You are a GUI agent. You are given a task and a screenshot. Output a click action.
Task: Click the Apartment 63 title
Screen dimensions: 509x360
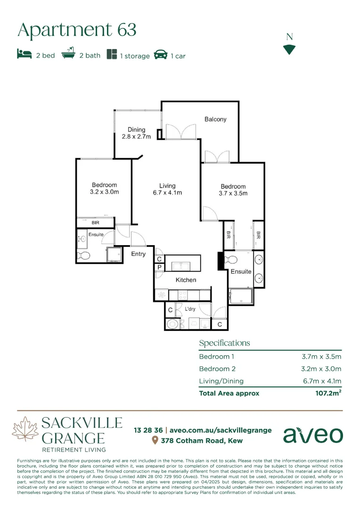click(77, 30)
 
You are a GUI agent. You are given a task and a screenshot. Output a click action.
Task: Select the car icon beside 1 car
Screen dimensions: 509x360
click(161, 54)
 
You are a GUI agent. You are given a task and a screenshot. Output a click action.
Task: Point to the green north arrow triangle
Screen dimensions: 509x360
click(289, 49)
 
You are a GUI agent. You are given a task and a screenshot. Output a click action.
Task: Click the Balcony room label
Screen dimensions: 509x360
click(215, 119)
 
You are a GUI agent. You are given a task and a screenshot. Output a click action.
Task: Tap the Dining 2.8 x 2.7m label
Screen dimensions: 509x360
click(136, 133)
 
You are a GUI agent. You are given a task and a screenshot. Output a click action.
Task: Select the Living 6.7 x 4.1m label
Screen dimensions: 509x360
click(167, 189)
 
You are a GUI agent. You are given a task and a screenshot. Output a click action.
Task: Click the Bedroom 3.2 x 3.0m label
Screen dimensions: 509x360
click(104, 189)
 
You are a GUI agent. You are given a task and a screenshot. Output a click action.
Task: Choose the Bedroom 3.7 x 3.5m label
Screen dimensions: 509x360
click(233, 190)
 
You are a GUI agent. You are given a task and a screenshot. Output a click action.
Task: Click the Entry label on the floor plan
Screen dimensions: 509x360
click(138, 254)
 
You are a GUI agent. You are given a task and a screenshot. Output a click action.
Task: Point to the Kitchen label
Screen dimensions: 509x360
click(186, 280)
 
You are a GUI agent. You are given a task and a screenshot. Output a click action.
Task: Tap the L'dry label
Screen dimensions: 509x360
click(190, 309)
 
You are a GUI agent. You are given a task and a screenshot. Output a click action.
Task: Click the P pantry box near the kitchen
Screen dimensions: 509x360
click(159, 268)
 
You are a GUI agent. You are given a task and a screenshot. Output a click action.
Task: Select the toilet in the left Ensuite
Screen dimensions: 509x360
click(84, 256)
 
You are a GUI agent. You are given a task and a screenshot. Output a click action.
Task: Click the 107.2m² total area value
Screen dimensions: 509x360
click(328, 393)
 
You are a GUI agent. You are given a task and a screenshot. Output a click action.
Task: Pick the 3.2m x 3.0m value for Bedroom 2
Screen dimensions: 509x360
click(321, 369)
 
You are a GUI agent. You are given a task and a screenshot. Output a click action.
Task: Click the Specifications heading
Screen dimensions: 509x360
click(224, 343)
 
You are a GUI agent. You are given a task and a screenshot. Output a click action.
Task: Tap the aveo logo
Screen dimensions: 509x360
click(313, 435)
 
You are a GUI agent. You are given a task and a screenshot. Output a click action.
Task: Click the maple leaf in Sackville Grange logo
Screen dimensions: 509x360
click(25, 430)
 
